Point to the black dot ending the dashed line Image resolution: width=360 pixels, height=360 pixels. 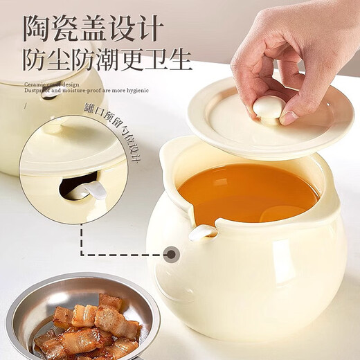(171, 254)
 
